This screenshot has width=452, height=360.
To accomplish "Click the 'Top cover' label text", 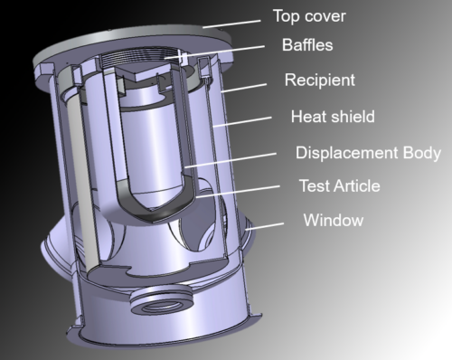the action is (x=309, y=16).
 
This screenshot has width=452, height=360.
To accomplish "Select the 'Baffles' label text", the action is (x=307, y=45).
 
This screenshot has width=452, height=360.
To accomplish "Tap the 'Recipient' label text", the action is (x=320, y=81).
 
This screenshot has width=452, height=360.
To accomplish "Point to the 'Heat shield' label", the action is (x=333, y=117).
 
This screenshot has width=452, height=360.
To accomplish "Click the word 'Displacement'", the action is (x=346, y=153).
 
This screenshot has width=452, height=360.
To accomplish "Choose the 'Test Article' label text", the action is (x=339, y=185).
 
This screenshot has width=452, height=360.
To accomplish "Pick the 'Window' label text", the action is (x=334, y=220).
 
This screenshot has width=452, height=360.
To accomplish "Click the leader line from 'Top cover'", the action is (x=231, y=24).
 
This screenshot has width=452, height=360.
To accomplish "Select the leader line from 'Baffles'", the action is (x=214, y=52).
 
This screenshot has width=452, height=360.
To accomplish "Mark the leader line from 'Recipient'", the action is (x=244, y=88).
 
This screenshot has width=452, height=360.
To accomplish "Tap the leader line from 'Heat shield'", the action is (x=242, y=122).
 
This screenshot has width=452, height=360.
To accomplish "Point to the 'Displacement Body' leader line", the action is (x=231, y=160).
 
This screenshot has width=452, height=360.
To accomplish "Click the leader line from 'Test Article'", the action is (x=238, y=192).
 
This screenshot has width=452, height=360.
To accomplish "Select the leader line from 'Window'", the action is (x=265, y=226).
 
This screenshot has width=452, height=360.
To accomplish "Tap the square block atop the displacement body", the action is (x=142, y=72).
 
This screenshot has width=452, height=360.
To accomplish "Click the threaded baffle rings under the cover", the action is (x=139, y=57).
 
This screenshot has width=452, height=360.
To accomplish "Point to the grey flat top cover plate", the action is (x=133, y=43).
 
